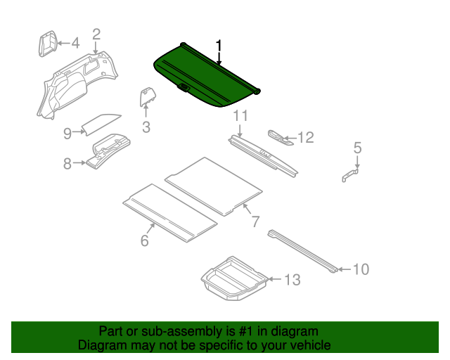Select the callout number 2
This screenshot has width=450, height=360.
pos(96,33)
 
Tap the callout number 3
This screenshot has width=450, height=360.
pos(146,127)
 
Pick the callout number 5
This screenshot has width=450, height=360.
pos(357,148)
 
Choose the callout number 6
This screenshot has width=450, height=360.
pos(145,240)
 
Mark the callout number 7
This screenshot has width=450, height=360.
pos(255,222)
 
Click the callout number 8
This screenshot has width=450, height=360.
pos(67,164)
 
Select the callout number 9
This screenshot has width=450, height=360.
pos(67,132)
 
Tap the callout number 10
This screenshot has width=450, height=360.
pos(360,269)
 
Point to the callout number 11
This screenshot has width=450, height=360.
pos(240,116)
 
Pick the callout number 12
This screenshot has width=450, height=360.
pos(306,138)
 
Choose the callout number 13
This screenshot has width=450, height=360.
pos(292,280)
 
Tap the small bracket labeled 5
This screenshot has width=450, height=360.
pos(351,175)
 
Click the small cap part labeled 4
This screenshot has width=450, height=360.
pos(46,43)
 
